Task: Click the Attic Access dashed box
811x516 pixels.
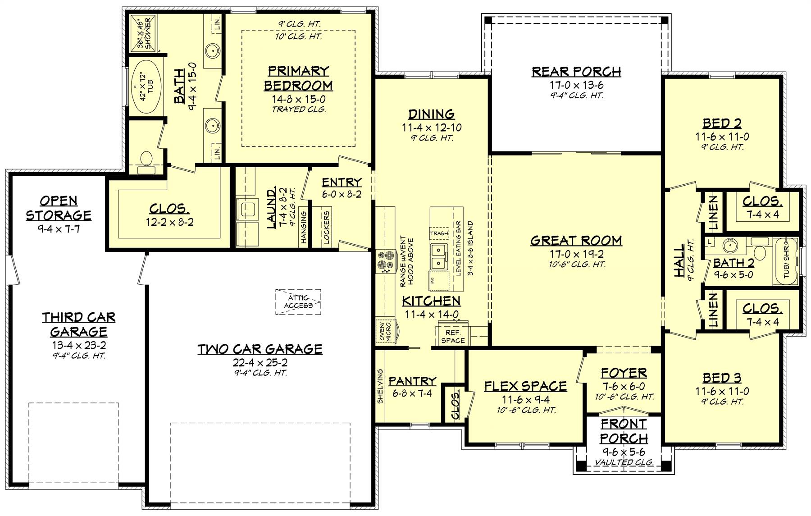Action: click(298, 302)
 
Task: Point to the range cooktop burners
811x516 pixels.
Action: click(385, 261)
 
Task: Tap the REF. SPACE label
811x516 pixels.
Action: click(452, 336)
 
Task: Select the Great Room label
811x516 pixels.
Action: click(576, 240)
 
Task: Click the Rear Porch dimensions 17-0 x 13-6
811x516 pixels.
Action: click(576, 85)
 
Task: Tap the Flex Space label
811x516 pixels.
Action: click(525, 386)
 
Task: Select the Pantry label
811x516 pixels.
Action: click(412, 381)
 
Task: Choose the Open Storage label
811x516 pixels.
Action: click(59, 207)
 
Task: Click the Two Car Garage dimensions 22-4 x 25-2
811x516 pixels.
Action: click(260, 362)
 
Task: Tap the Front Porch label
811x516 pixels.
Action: click(624, 431)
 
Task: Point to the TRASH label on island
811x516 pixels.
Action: click(439, 233)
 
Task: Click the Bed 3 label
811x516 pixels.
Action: click(722, 378)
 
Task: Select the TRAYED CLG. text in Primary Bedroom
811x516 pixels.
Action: click(298, 109)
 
